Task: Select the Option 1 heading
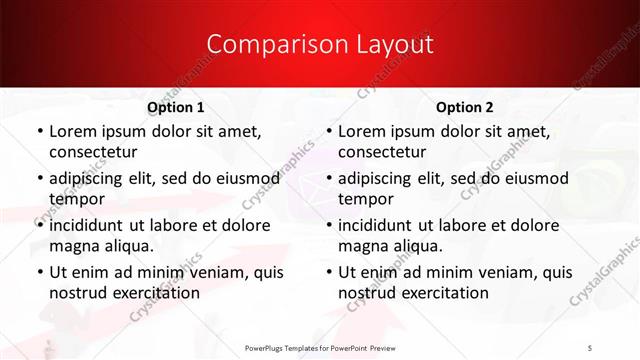click(176, 107)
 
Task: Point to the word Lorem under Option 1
click(71, 132)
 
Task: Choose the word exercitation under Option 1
click(155, 293)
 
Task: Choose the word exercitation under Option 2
click(444, 293)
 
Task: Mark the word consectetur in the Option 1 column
click(93, 153)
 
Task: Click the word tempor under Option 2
click(366, 200)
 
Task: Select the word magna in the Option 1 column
click(73, 246)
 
